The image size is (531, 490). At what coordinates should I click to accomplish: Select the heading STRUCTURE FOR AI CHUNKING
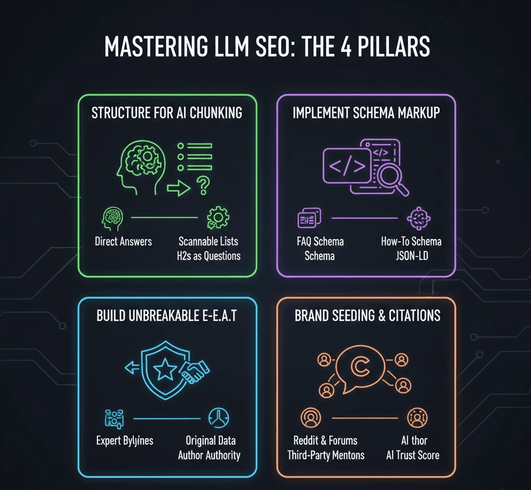click(x=166, y=113)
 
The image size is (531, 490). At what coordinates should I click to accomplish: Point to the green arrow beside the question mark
click(x=178, y=188)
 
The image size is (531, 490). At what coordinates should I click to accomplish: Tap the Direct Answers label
click(x=123, y=241)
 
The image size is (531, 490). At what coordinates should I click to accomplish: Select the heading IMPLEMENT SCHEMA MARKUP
click(x=366, y=113)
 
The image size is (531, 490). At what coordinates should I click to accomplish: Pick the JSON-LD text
click(x=411, y=256)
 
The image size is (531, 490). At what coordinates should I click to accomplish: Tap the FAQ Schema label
click(x=320, y=242)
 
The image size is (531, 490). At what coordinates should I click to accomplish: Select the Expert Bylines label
click(x=125, y=441)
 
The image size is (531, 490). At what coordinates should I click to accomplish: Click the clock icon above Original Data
click(x=218, y=417)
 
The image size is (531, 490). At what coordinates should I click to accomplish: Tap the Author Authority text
click(x=209, y=455)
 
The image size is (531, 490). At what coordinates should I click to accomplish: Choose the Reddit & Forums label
click(x=326, y=441)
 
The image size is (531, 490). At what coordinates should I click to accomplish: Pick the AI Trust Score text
click(x=413, y=455)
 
